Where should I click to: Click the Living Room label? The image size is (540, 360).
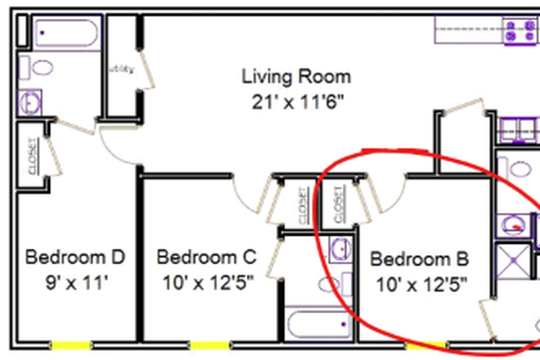(296, 77)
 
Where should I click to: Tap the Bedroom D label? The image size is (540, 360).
(75, 258)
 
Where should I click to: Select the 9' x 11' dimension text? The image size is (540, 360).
(75, 284)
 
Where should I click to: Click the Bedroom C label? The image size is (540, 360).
(206, 258)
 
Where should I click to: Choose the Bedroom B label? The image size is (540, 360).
(420, 260)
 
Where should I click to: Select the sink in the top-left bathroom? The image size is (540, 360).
(31, 101)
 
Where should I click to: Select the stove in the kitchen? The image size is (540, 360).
(518, 31)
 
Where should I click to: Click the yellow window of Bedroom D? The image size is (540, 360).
(70, 345)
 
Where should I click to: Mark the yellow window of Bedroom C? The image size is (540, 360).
(206, 345)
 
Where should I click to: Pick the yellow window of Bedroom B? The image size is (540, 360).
(425, 345)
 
